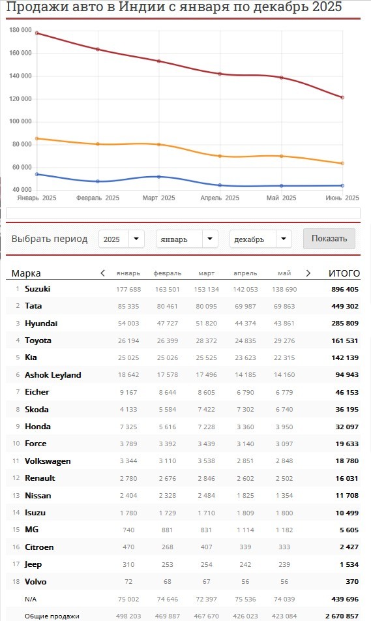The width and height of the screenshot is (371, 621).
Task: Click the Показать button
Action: pos(329,239)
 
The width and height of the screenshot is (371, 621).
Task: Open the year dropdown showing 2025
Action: pos(121,239)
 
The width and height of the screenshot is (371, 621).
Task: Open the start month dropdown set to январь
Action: pos(187,239)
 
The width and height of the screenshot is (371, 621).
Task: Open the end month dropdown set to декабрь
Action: pos(261,239)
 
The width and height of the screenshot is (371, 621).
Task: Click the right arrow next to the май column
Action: pos(308,273)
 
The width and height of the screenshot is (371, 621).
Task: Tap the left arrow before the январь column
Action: pos(102,273)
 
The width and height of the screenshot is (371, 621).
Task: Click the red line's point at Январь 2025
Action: pos(37,33)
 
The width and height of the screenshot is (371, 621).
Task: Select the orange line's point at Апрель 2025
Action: pos(220,156)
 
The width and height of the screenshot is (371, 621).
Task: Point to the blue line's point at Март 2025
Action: pos(159,177)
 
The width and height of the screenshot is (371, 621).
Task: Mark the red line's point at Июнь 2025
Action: pos(342,97)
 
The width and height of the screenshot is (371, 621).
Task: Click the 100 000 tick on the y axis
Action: pos(21,121)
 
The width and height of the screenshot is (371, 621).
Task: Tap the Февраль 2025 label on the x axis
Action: pos(98,198)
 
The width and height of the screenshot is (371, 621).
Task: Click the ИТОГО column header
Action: pos(344,273)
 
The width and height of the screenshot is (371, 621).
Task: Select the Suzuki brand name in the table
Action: pos(38,289)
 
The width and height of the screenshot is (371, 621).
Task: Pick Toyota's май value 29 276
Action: pos(284,341)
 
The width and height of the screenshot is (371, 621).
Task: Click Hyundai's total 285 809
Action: pos(345,323)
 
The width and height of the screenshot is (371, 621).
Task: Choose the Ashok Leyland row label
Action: pos(53,374)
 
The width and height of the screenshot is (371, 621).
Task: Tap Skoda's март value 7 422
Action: pos(206,410)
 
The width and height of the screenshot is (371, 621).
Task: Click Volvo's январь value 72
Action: pos(128,582)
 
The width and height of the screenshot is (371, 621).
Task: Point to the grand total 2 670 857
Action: pos(342,616)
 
